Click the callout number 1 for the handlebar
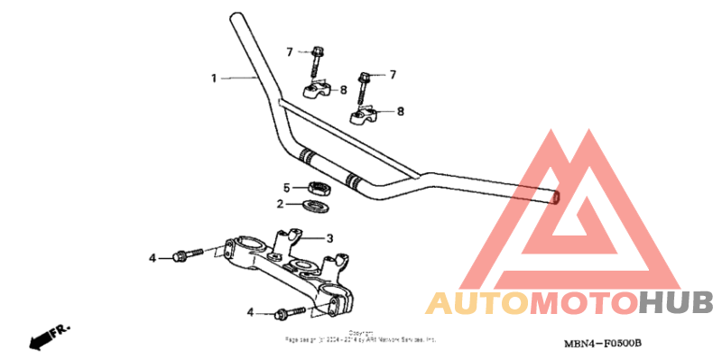pos(214,78)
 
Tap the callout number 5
pos(287,188)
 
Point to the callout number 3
pos(329,238)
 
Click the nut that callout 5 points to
pos(319,189)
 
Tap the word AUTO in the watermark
pos(477,303)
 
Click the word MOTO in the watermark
pos(582,303)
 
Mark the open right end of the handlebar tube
pos(555,196)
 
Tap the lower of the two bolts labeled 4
pos(288,314)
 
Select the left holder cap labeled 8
pos(315,90)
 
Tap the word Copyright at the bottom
pos(361,333)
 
